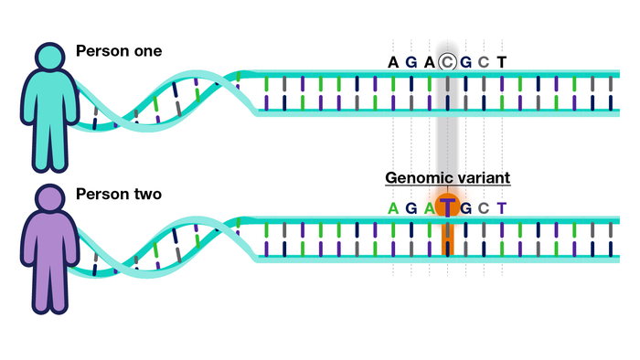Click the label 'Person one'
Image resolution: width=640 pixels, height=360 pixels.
tap(119, 50)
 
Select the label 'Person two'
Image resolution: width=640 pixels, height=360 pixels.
tap(119, 195)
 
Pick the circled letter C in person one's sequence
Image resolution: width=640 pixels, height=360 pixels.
tap(447, 62)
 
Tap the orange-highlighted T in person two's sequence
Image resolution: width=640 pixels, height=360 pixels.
tap(447, 207)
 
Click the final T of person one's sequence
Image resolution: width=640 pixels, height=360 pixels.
tap(501, 62)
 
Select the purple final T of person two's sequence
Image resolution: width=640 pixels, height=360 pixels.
tap(501, 207)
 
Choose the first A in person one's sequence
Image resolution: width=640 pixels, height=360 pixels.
tap(393, 62)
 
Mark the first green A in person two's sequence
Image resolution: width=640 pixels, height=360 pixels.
tap(393, 207)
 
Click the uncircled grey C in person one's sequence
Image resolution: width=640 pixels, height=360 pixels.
tap(484, 62)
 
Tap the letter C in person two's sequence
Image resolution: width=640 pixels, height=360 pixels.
tap(484, 207)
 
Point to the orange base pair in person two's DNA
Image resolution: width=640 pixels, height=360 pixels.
tap(447, 238)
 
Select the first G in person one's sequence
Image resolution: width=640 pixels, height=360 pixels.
tap(411, 62)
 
